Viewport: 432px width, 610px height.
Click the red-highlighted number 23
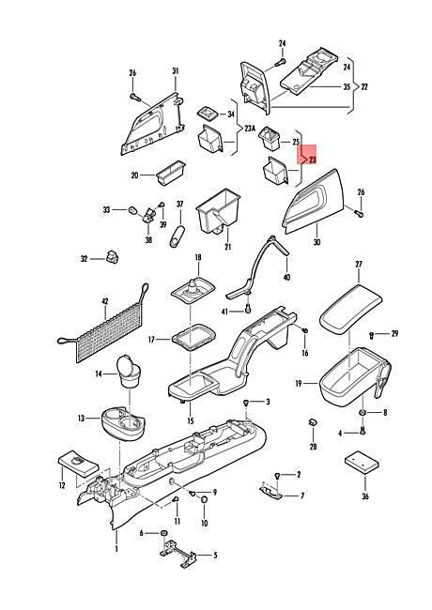pos(313,160)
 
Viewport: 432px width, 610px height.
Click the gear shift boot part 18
pos(193,292)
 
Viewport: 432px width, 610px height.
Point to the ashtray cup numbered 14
pos(130,372)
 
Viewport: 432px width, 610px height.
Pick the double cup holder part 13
pos(123,423)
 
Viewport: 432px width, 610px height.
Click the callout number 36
pos(365,496)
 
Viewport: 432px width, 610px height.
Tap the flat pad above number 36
pos(362,462)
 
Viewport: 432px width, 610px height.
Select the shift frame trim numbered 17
pos(193,338)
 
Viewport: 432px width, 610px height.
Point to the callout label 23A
pos(250,129)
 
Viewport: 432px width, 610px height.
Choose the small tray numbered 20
pos(171,173)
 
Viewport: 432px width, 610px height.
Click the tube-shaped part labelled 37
pos(177,236)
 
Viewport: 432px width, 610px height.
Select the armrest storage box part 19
pos(355,376)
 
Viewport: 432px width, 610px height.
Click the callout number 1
pos(116,549)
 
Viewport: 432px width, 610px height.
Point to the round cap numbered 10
pos(204,499)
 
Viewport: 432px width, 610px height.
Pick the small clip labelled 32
pos(112,256)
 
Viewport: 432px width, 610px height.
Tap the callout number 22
pos(363,86)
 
